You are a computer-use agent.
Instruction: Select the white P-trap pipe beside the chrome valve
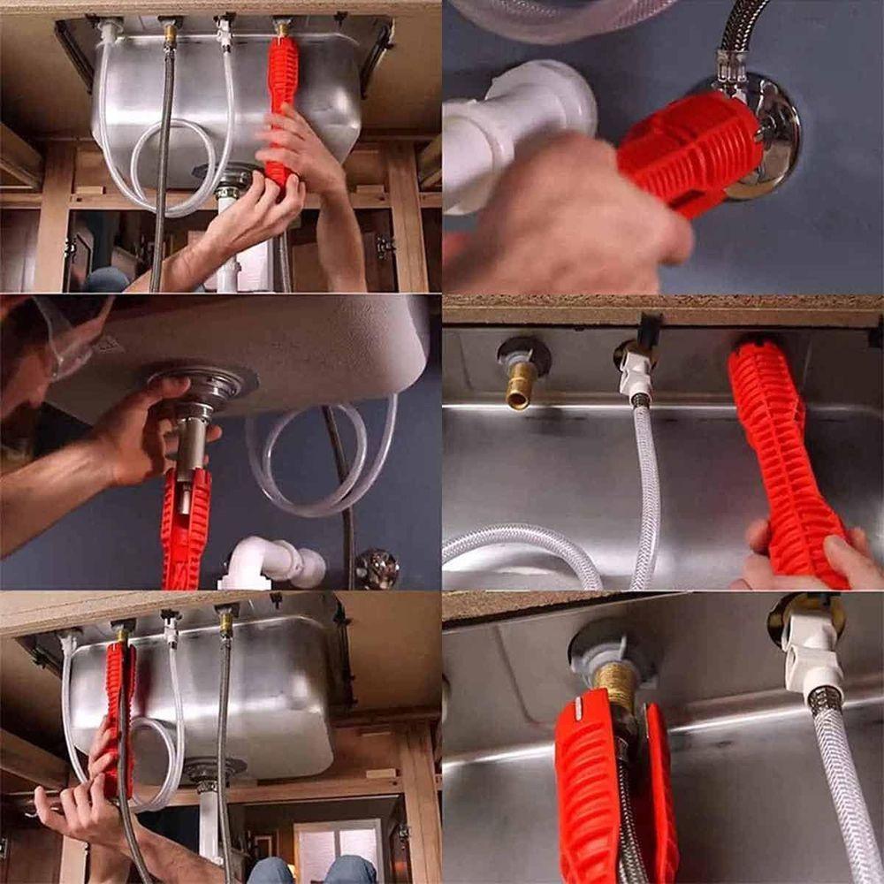(x=274, y=561)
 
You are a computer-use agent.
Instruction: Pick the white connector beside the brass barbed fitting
(x=636, y=371)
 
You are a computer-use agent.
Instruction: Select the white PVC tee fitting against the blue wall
(x=513, y=124)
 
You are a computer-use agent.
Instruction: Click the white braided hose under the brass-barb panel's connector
(x=645, y=495)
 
